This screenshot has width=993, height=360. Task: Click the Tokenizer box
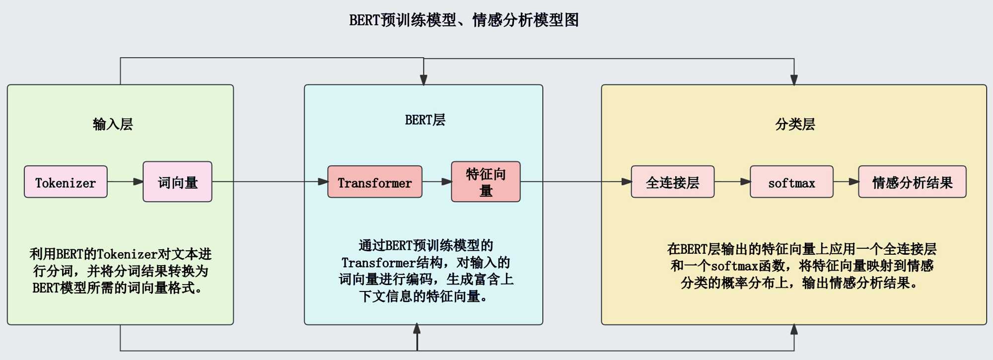pyautogui.click(x=66, y=182)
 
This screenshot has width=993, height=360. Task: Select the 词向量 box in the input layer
pyautogui.click(x=177, y=182)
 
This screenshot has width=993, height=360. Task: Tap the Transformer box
pyautogui.click(x=374, y=182)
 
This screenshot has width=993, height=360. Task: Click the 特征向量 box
pyautogui.click(x=486, y=182)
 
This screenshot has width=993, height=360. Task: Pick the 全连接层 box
pyautogui.click(x=672, y=182)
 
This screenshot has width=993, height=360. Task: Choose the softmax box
pyautogui.click(x=791, y=182)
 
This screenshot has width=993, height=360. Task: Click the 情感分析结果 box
pyautogui.click(x=912, y=182)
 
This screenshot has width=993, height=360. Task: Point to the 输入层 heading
pyautogui.click(x=113, y=124)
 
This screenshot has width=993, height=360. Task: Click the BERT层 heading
pyautogui.click(x=425, y=120)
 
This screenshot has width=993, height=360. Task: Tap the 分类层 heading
pyautogui.click(x=795, y=124)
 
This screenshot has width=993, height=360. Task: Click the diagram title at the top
pyautogui.click(x=464, y=20)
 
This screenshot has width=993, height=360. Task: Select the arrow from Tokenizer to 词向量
pyautogui.click(x=125, y=182)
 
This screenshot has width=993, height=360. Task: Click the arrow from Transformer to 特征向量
pyautogui.click(x=436, y=182)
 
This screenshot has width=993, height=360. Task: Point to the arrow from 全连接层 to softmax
pyautogui.click(x=732, y=182)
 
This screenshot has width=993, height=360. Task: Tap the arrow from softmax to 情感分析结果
pyautogui.click(x=846, y=182)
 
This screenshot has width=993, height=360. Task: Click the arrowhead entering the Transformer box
pyautogui.click(x=323, y=182)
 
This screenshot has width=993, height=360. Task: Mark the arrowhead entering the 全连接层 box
pyautogui.click(x=626, y=182)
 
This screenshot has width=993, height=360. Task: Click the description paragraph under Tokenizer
pyautogui.click(x=120, y=271)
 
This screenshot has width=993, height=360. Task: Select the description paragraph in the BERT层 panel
pyautogui.click(x=426, y=271)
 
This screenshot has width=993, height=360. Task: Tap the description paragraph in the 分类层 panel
pyautogui.click(x=801, y=266)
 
